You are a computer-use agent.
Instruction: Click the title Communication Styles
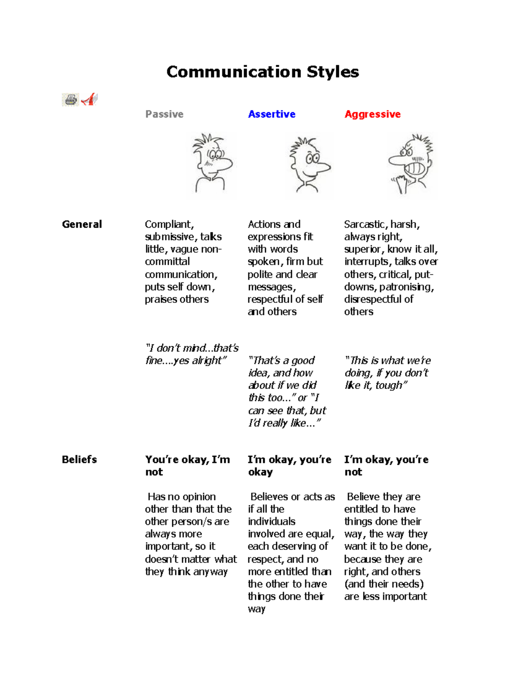(x=263, y=72)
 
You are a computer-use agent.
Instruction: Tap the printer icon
(x=70, y=100)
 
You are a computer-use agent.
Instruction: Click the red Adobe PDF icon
(x=89, y=99)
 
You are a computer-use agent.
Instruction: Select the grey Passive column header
(x=164, y=114)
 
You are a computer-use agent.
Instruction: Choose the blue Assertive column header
(x=271, y=114)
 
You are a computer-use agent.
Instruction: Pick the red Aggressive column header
(x=372, y=114)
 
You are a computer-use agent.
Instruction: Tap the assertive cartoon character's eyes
(x=312, y=158)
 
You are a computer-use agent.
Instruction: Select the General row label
(x=82, y=225)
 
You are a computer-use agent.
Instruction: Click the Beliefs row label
(x=79, y=460)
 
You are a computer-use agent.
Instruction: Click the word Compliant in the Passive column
(x=169, y=225)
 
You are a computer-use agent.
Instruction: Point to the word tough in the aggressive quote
(x=391, y=385)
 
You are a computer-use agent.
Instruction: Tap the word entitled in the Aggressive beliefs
(x=361, y=509)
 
